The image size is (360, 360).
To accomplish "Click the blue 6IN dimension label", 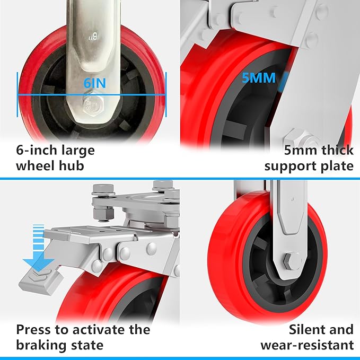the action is pos(94,83).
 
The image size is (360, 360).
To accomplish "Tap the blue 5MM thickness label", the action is pos(259,78).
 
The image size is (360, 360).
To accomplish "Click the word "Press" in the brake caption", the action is pos(33,330).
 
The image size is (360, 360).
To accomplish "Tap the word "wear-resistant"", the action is pos(307,345).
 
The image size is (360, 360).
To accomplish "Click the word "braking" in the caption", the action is pos(38,346).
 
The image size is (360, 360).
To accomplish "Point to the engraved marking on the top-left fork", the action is pos(93,36).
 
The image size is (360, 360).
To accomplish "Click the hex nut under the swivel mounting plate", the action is pos(103,214).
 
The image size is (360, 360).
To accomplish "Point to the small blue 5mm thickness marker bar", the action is pos(283,81).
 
